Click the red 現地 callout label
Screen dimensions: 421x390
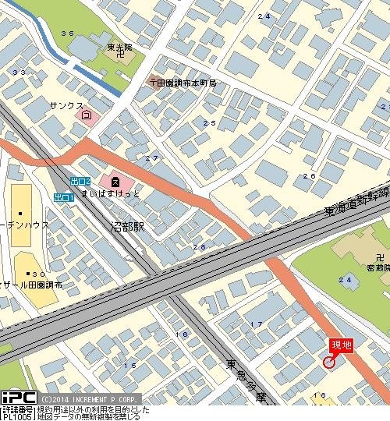[x=342, y=345]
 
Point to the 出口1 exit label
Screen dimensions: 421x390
[x=64, y=198]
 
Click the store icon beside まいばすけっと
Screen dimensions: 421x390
[x=115, y=181]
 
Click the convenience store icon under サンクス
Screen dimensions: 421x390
[x=86, y=115]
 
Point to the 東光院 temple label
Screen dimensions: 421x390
[x=119, y=48]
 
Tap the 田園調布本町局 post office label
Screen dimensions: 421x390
[x=187, y=82]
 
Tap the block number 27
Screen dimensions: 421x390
[x=151, y=158]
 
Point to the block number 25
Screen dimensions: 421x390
[x=208, y=123]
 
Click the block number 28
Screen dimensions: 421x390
[x=199, y=247]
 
